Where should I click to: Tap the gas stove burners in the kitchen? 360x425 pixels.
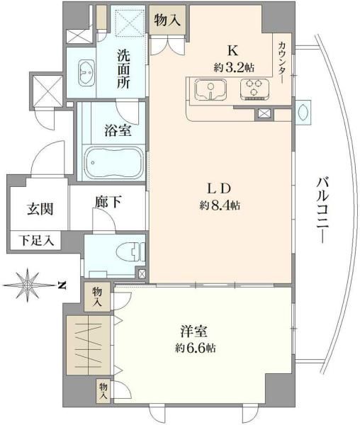coord(252,89)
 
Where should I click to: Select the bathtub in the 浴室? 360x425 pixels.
coord(113,163)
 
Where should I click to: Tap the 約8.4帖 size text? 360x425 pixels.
coord(220,206)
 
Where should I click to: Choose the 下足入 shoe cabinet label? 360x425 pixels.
coord(35,241)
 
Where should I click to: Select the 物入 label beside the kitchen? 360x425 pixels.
coord(167,21)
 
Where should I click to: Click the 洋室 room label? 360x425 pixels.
coord(190,331)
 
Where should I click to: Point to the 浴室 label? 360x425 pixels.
coord(116,130)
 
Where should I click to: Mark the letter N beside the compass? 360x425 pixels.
coord(62,285)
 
